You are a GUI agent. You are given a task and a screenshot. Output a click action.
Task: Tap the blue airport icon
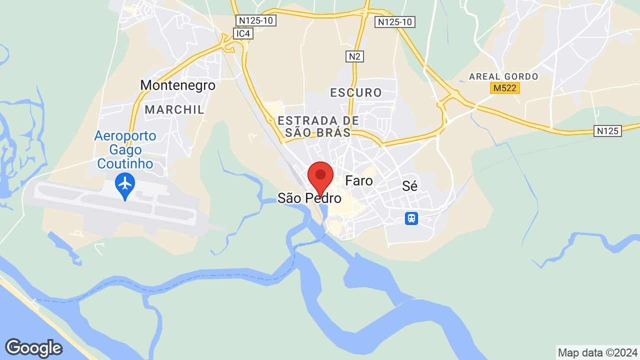pos(125,184)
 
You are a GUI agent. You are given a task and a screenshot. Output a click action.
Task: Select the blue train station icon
pos(411,218)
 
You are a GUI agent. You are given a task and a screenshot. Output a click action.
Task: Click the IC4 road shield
pos(243,33)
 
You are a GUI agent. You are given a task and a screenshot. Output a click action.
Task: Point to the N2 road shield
pos(354,56)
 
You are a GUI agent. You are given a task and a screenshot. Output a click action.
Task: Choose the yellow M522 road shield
pos(504,88)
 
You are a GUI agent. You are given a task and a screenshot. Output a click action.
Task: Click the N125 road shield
pos(608,131)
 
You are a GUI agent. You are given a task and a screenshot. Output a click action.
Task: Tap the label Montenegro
pos(177,85)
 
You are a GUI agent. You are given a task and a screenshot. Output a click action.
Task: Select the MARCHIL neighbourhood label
pos(174,109)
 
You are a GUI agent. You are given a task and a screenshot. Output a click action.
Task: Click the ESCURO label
pos(356,92)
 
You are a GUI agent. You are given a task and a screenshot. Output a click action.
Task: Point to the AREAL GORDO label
pos(503,76)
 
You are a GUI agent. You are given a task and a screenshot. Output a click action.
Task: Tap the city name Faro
pos(359,180)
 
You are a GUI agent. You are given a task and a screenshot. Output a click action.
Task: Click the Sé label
pos(409,186)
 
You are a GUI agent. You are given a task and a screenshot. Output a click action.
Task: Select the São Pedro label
pos(309,198)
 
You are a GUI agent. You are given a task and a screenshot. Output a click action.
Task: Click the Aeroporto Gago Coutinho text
pos(125,149)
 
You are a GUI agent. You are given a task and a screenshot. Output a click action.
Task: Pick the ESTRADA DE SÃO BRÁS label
pos(318,126)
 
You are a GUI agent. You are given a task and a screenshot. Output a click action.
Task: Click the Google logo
pos(33,348)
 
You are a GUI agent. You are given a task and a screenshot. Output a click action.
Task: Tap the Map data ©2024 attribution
pos(598,352)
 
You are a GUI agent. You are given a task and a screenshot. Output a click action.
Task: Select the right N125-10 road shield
pos(395,21)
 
